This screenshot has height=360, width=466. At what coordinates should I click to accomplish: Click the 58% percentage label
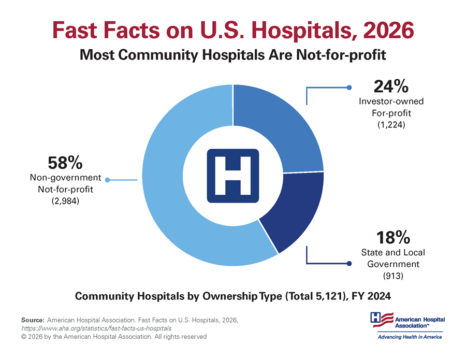tap(65, 163)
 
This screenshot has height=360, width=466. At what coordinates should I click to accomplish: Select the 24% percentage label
tap(391, 85)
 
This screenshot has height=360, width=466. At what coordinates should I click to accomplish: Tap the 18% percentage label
tap(393, 238)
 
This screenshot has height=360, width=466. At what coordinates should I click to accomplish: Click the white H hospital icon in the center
tap(232, 175)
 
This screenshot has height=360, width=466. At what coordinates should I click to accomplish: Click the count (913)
tap(392, 276)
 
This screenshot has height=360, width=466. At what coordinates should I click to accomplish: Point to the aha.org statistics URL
tap(96, 328)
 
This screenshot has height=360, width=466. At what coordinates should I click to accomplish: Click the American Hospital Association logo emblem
tap(379, 320)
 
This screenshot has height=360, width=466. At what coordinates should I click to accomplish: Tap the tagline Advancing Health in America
tap(409, 337)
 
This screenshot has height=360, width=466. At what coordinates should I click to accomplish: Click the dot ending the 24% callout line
tap(349, 88)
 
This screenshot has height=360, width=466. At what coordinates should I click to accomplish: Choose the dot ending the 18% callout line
tap(349, 264)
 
